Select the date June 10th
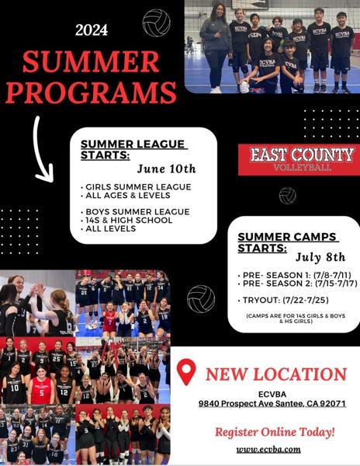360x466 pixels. (x=166, y=169)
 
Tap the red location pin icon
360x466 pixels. (x=186, y=372)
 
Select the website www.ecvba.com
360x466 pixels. (x=268, y=448)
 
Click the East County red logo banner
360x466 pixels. (x=302, y=158)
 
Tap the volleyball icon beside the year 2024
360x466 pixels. (x=157, y=23)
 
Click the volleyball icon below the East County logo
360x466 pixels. (x=288, y=195)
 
